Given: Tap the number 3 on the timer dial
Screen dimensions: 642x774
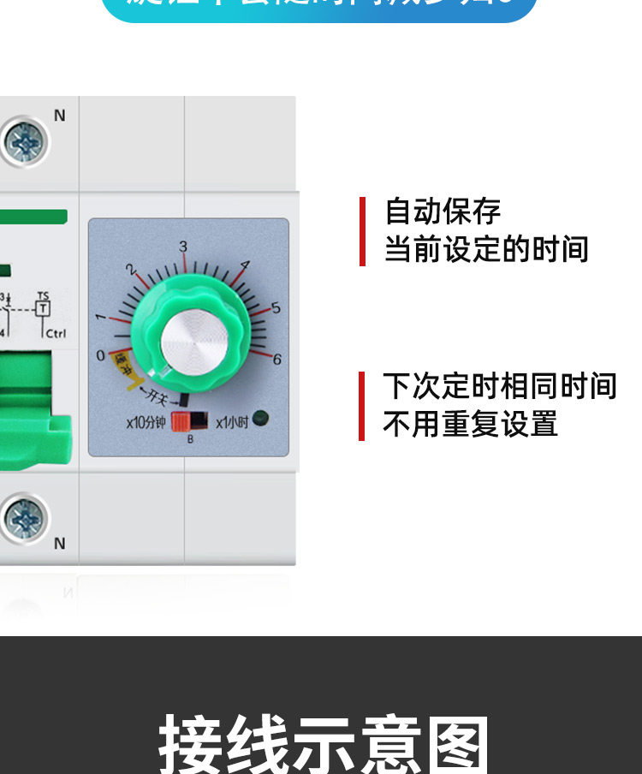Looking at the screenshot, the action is pos(182,247).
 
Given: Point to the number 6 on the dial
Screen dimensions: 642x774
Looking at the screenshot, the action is pos(276,360).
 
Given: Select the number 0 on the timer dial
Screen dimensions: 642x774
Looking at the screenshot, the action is pos(101,355).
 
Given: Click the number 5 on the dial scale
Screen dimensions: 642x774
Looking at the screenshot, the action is pos(276,308).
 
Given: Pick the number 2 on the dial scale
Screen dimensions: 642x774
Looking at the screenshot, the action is pos(131,269).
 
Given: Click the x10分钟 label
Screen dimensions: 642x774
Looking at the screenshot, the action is pos(146,422).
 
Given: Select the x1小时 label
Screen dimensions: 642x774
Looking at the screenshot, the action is pos(231,422).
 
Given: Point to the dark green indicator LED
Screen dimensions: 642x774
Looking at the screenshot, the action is pos(260,419).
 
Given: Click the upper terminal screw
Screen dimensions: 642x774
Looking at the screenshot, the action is pos(24,141).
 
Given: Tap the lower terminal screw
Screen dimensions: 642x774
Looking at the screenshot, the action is pos(24,519).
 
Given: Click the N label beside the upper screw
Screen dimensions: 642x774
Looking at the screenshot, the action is pos(59,116).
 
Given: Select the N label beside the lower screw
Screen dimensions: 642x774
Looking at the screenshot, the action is pos(59,543).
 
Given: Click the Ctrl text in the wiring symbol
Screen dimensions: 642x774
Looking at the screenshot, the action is pos(55,334).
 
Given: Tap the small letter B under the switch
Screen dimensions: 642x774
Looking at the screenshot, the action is pos(190,439).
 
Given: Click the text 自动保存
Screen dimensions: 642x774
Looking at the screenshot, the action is pos(443,211).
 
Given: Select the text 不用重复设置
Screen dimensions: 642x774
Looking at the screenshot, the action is pos(470,424).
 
